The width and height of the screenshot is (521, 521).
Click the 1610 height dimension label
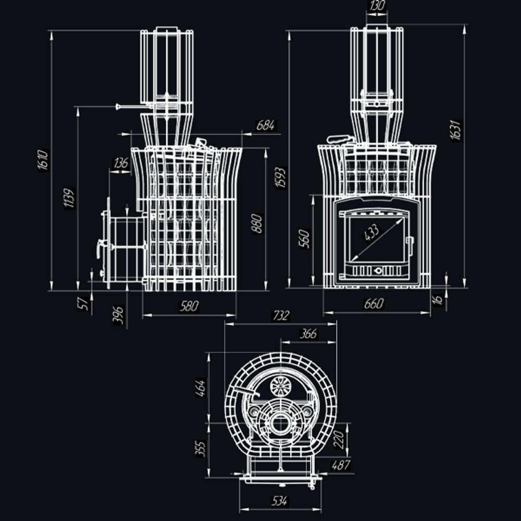pos(43,160)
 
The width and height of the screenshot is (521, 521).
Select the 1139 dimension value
pos(69,198)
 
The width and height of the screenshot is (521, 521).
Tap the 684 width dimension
pos(266,126)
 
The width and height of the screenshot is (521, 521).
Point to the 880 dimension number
pos(257,224)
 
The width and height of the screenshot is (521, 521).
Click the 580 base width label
pos(189,306)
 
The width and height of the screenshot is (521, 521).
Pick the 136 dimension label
pos(121,163)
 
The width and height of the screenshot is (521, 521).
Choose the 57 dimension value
pos(83,304)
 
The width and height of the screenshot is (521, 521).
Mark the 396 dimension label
pos(118,315)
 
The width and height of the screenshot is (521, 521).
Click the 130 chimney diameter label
pos(377,6)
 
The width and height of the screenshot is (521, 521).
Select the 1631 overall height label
pos(456,130)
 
